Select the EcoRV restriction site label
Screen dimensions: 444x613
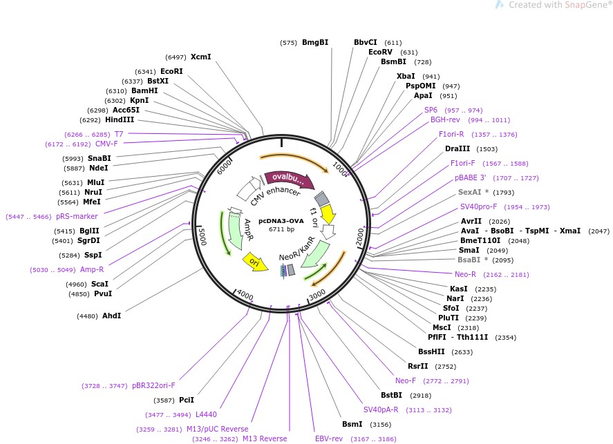pos(382,52)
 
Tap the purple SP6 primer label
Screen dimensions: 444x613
pos(431,110)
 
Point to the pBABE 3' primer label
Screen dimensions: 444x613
pos(469,177)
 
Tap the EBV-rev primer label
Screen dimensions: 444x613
pos(329,438)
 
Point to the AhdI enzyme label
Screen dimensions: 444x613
pos(111,316)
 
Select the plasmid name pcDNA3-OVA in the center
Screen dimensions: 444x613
pos(281,220)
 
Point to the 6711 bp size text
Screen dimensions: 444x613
pos(281,229)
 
